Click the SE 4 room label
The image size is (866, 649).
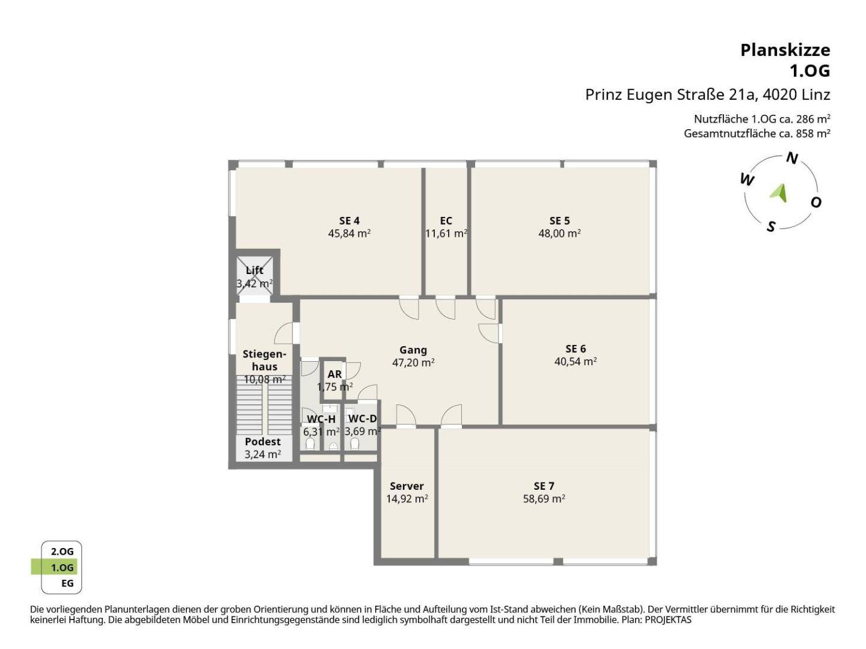349,221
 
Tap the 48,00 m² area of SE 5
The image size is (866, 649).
559,233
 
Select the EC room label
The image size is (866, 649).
446,221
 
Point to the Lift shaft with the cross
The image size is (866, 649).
254,276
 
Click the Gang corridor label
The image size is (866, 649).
413,350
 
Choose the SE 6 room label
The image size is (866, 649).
576,349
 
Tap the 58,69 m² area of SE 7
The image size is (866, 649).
544,499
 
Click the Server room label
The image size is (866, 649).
407,486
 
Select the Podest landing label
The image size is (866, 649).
263,441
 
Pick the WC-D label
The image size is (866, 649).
363,418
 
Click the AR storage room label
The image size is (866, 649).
334,374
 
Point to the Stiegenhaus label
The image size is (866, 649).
265,360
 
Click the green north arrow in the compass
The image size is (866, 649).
779,193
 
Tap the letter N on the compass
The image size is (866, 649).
792,158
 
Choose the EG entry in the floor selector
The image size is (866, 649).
67,583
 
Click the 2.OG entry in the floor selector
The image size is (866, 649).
63,551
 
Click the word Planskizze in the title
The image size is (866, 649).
785,50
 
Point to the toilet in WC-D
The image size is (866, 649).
355,444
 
